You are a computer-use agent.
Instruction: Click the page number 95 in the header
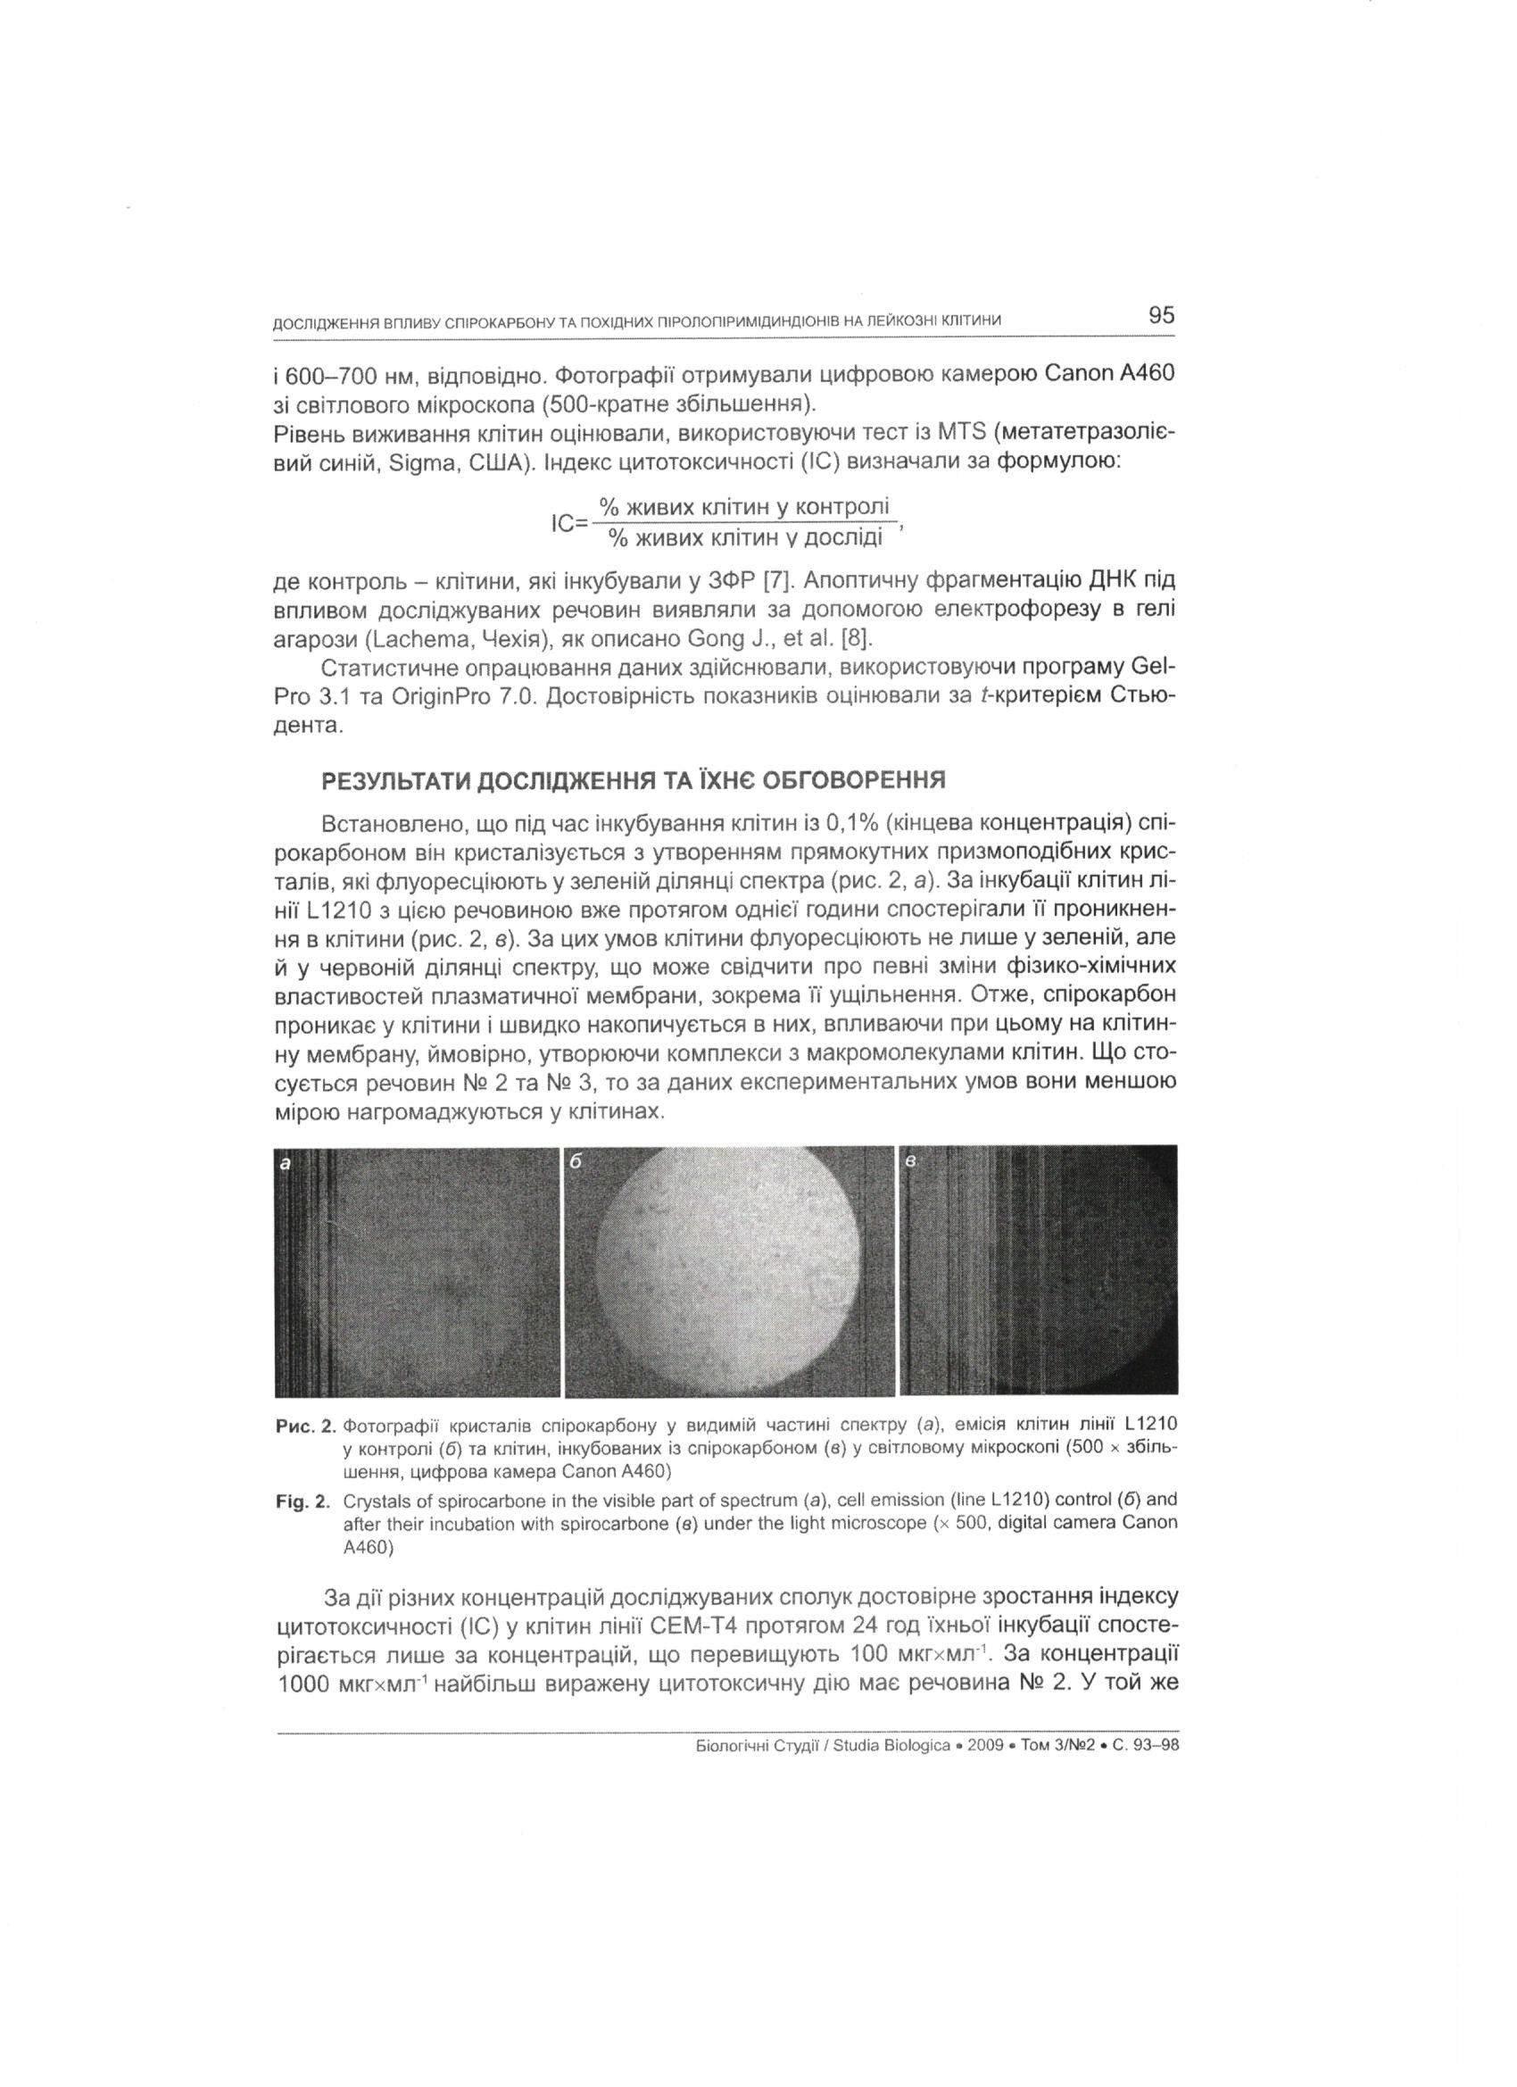(x=1161, y=316)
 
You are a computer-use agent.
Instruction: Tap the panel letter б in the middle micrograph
(x=576, y=1162)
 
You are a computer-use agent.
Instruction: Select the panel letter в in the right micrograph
(x=912, y=1163)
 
